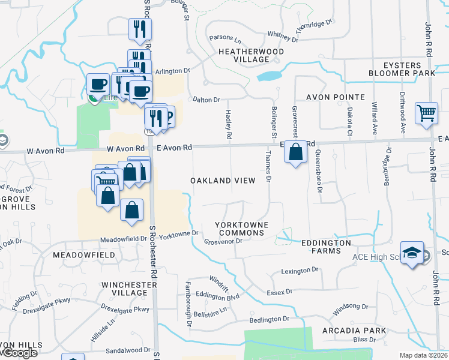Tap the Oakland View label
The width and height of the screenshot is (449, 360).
pyautogui.click(x=223, y=181)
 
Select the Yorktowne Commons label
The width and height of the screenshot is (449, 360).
pyautogui.click(x=241, y=228)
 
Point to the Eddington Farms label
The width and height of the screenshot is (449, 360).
pyautogui.click(x=326, y=247)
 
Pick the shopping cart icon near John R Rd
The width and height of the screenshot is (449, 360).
pyautogui.click(x=426, y=113)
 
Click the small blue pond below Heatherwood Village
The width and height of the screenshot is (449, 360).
pyautogui.click(x=269, y=76)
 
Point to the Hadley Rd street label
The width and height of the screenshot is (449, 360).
pyautogui.click(x=229, y=125)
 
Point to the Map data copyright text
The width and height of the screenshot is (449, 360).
pyautogui.click(x=423, y=355)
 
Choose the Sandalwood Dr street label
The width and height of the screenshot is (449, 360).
pyautogui.click(x=128, y=350)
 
